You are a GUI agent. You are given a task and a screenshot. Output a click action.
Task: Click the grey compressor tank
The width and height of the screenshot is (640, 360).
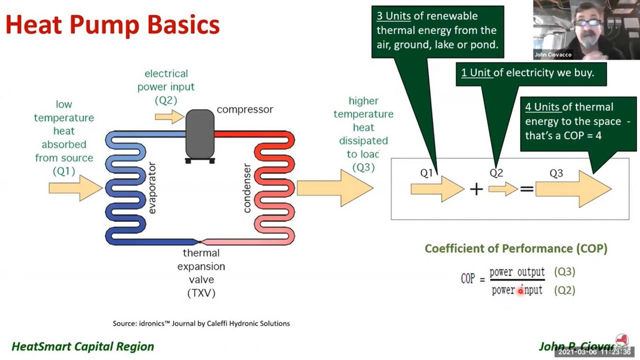point(200,134)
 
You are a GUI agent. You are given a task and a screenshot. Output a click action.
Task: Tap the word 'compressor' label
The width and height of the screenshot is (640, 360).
point(245,109)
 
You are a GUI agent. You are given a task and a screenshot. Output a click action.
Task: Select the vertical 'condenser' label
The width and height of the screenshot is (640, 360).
point(247,188)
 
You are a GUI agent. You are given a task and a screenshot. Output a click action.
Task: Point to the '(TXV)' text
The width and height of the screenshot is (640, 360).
point(201,294)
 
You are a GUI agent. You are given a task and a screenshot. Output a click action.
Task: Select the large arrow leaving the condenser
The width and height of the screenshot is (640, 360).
point(335,188)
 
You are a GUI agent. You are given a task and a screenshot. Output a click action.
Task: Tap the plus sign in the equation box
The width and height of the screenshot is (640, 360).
point(476,189)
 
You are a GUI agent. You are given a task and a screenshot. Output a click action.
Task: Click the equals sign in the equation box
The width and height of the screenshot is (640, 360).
point(526,189)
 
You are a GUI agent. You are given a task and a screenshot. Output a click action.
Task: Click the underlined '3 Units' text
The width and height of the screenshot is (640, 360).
point(394,16)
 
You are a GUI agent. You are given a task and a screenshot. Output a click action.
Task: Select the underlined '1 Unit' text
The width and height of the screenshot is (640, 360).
point(476,73)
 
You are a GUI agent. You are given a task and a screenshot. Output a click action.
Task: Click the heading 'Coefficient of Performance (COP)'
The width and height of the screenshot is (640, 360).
point(516,248)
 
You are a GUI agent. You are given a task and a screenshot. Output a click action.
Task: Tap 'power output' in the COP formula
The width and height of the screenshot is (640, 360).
point(517,272)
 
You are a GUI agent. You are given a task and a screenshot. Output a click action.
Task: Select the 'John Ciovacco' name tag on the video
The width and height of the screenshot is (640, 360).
point(553,55)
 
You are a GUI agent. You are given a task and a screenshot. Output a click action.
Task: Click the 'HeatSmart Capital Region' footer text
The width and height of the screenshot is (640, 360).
point(83,346)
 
